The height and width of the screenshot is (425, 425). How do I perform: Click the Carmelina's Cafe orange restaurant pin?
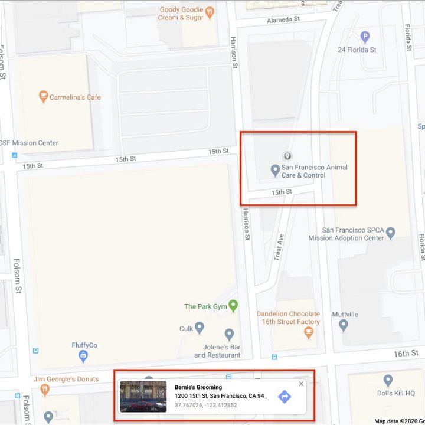click(x=42, y=97)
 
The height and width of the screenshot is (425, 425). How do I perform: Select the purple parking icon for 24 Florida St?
click(x=365, y=37)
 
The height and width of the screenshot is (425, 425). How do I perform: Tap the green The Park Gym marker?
click(x=233, y=306)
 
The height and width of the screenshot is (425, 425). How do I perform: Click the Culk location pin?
click(x=200, y=328)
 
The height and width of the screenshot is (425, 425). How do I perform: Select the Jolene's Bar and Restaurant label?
click(x=217, y=351)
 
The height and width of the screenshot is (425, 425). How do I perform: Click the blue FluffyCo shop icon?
click(x=83, y=355)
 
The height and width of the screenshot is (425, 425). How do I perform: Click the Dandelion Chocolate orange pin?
click(x=308, y=334)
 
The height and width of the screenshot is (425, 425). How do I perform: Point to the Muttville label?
click(x=345, y=314)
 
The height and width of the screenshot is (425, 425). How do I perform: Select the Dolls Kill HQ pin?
click(x=388, y=381)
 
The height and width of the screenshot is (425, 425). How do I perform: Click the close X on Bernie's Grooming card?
click(x=301, y=384)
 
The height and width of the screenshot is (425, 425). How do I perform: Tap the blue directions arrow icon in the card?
click(x=285, y=397)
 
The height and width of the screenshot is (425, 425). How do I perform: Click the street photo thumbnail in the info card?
click(x=143, y=396)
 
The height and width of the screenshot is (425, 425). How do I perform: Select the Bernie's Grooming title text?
click(x=198, y=387)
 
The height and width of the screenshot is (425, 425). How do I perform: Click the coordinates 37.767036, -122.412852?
click(x=206, y=405)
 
